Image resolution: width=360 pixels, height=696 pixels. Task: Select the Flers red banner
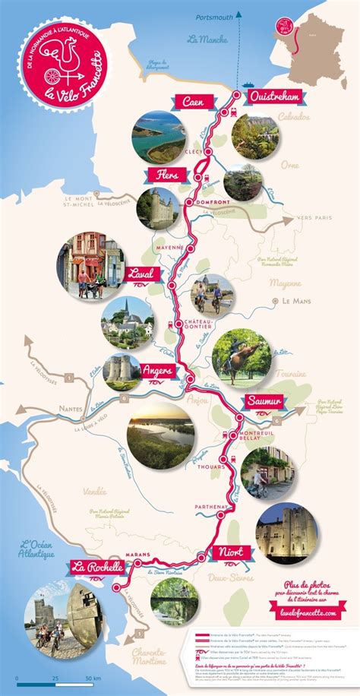point(164,176)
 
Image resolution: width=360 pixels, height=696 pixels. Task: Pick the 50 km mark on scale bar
point(91,676)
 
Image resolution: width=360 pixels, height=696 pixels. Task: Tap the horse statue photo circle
point(240,358)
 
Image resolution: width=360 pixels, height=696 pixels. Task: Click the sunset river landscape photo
point(159,435)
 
